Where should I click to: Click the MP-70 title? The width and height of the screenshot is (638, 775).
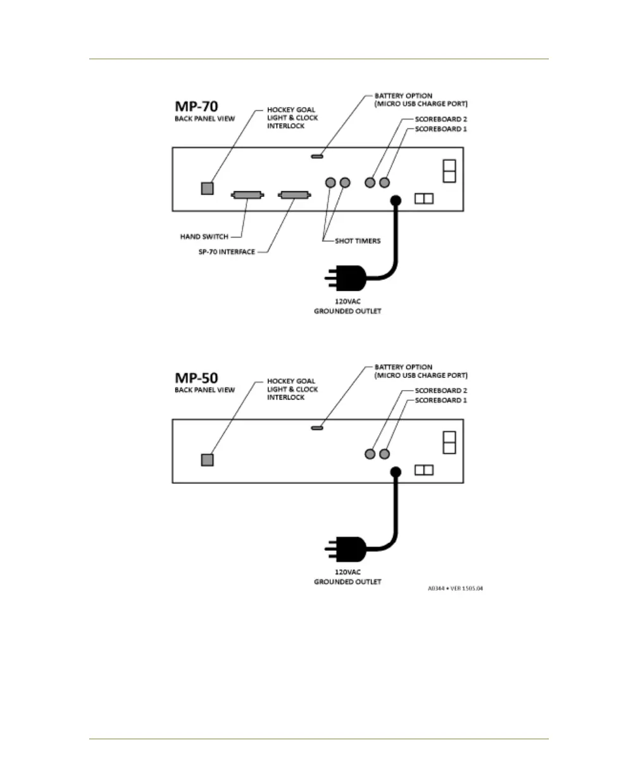197,106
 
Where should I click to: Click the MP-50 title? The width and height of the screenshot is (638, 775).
197,378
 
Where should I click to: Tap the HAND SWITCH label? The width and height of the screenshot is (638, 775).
204,237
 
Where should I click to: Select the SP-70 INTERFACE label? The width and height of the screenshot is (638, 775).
226,252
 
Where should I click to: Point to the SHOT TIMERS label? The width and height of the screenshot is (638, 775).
358,241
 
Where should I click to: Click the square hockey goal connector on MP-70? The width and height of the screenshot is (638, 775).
207,188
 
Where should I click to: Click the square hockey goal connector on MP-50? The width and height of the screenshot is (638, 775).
207,460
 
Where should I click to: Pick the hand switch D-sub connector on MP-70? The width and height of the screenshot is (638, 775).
247,195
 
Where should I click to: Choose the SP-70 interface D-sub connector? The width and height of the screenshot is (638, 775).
294,195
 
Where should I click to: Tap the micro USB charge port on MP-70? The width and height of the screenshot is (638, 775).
317,155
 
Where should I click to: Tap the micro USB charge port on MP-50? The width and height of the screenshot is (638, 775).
317,427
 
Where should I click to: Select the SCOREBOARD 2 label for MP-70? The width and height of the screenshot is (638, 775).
441,119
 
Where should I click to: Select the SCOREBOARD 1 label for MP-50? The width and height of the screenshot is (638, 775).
441,400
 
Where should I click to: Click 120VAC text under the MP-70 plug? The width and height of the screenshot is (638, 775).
347,302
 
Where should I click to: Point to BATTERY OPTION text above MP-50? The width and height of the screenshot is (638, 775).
403,367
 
